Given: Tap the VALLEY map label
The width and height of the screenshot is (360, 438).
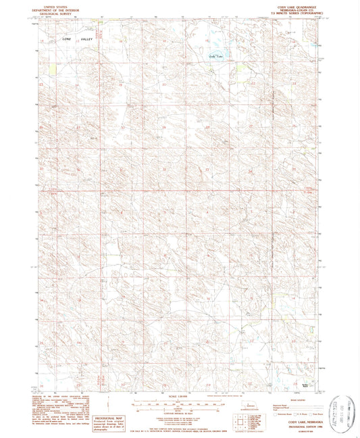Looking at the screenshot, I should point(86,41).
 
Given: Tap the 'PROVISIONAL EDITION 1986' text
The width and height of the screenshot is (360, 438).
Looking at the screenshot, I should point(288,424).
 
